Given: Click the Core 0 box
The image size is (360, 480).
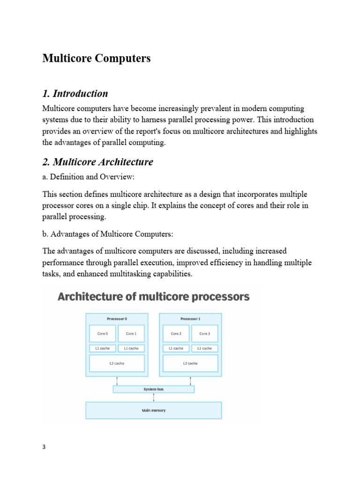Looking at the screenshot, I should pyautogui.click(x=103, y=334).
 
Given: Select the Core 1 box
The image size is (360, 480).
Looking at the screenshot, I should pyautogui.click(x=131, y=334).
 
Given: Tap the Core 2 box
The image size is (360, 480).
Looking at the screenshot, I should pyautogui.click(x=176, y=334).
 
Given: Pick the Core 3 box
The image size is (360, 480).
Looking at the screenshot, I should pyautogui.click(x=204, y=334).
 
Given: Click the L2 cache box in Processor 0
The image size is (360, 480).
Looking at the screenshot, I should pyautogui.click(x=117, y=363).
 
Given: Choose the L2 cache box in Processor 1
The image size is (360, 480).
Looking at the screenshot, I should pyautogui.click(x=190, y=363).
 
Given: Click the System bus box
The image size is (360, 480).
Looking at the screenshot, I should pyautogui.click(x=153, y=389).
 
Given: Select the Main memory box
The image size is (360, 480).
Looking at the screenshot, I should pyautogui.click(x=153, y=410).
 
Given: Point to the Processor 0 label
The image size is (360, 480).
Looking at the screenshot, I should pyautogui.click(x=117, y=319).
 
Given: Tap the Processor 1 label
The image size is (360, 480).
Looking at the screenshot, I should pyautogui.click(x=190, y=319).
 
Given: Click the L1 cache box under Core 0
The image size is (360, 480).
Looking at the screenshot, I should pyautogui.click(x=103, y=348).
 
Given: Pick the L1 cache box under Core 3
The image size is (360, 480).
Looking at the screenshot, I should pyautogui.click(x=204, y=348).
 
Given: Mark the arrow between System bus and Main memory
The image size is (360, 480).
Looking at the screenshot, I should pyautogui.click(x=154, y=397).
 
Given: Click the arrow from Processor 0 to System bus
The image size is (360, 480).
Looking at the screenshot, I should pyautogui.click(x=117, y=381).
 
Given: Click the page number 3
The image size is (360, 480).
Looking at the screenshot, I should pyautogui.click(x=44, y=447).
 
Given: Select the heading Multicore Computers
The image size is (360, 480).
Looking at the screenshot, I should pyautogui.click(x=97, y=59).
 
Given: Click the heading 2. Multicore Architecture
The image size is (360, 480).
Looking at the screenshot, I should pyautogui.click(x=97, y=162).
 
